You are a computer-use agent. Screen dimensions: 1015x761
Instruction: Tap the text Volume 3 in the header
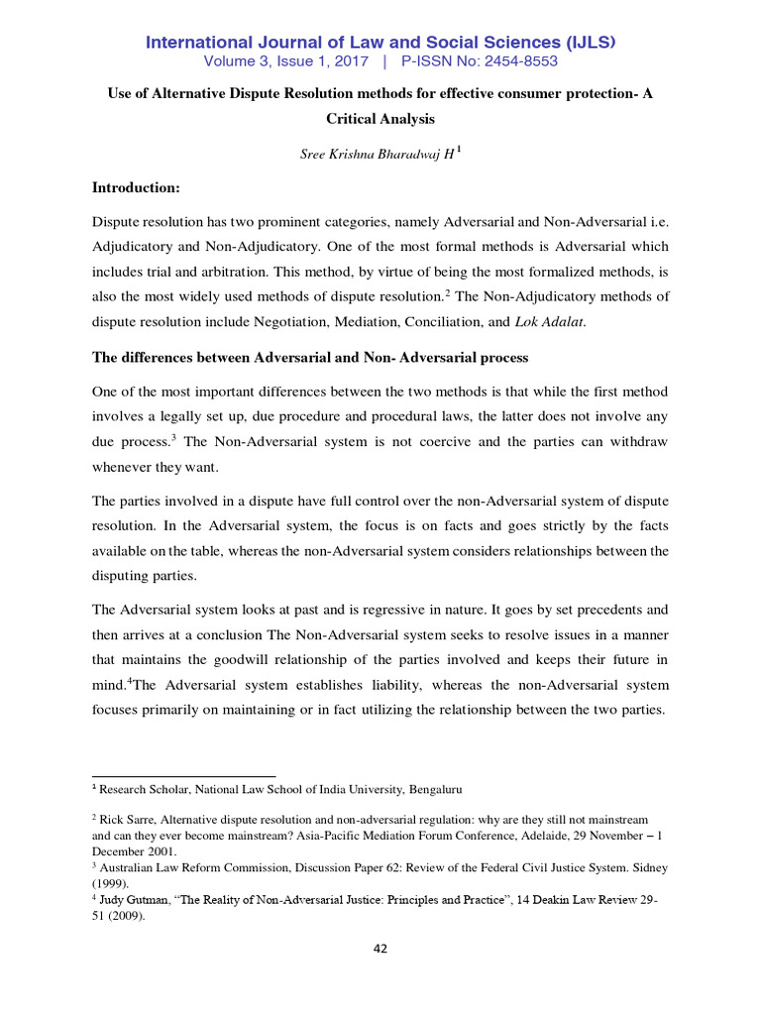tap(236, 61)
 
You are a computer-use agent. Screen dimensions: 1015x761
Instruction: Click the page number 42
tap(380, 949)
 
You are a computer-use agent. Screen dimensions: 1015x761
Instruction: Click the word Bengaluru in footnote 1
tap(432, 790)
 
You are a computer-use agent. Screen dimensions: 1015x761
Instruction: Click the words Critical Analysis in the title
tap(380, 118)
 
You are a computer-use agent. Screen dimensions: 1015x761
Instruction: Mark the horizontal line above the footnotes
tap(183, 776)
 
